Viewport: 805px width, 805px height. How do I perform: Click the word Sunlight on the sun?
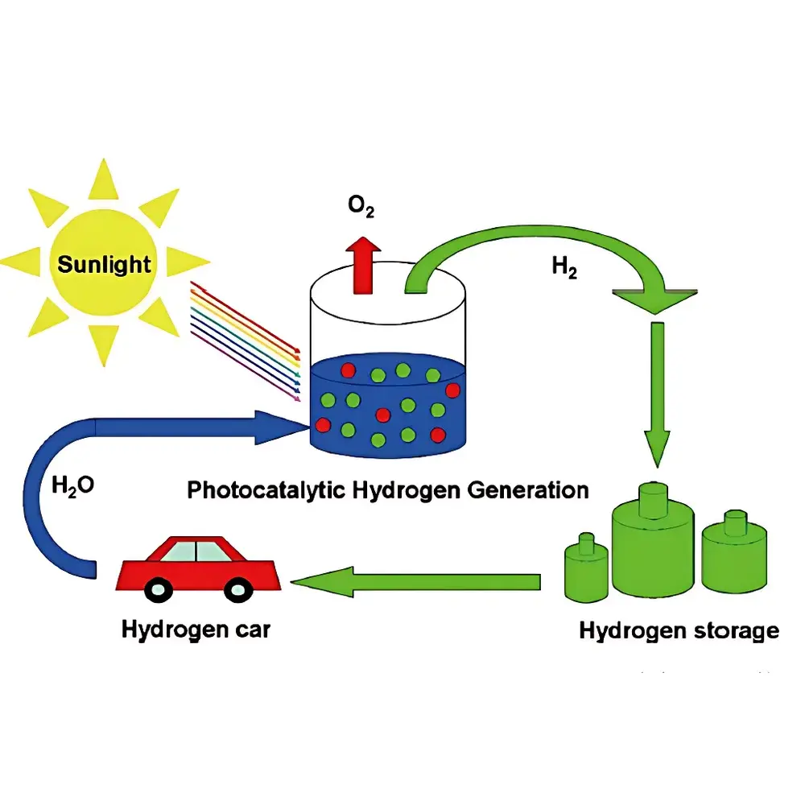point(105,264)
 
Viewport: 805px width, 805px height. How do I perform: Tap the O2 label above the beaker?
point(361,208)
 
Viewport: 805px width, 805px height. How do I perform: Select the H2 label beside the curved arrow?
point(564,268)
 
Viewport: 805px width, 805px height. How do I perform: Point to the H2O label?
point(73,485)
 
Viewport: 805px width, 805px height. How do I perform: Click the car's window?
point(196,551)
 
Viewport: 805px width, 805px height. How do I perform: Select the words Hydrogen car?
point(196,629)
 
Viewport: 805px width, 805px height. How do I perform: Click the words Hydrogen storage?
point(679,630)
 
